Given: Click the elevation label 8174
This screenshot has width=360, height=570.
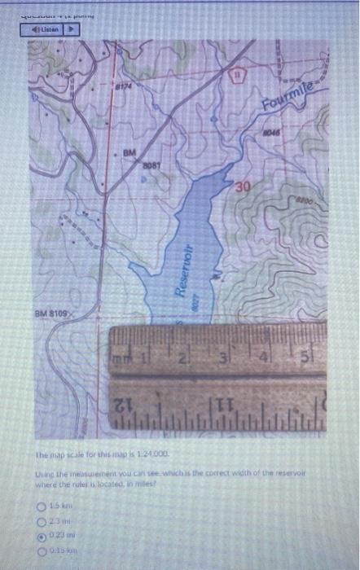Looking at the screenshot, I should pos(122,85).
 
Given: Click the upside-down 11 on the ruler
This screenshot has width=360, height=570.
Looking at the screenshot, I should pos(226,403).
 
